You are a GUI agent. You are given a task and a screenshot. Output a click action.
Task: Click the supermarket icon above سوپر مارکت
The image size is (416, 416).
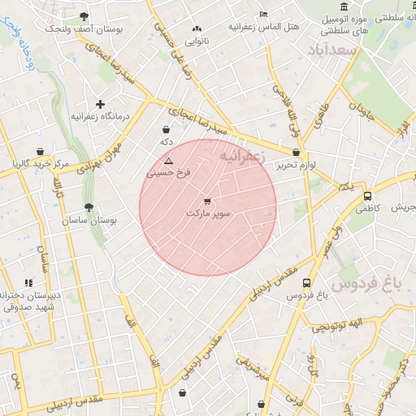click(x=208, y=201)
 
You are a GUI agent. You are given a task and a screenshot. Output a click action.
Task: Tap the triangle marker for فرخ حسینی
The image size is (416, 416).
click(x=168, y=162)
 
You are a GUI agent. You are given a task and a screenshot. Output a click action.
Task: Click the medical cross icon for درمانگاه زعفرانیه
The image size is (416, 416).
click(x=100, y=104)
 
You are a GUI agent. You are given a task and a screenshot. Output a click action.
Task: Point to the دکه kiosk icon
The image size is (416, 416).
click(x=167, y=129)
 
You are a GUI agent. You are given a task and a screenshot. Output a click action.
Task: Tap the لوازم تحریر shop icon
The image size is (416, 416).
click(x=296, y=152)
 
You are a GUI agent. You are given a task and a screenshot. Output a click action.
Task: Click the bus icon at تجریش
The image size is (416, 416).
click(x=368, y=195)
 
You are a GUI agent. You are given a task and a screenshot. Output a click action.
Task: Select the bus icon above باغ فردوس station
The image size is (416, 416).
click(x=306, y=283)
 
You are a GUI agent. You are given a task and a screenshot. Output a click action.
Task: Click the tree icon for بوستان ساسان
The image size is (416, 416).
click(x=89, y=207)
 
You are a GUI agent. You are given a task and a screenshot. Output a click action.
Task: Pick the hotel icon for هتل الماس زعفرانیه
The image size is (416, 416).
click(x=262, y=15)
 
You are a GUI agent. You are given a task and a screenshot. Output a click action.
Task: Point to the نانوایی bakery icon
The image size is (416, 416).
click(x=194, y=27)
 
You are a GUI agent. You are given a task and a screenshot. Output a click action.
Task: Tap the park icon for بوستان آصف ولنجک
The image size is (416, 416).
click(x=84, y=16)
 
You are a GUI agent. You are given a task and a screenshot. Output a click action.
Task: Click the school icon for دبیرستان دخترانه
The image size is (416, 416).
click(x=29, y=283)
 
